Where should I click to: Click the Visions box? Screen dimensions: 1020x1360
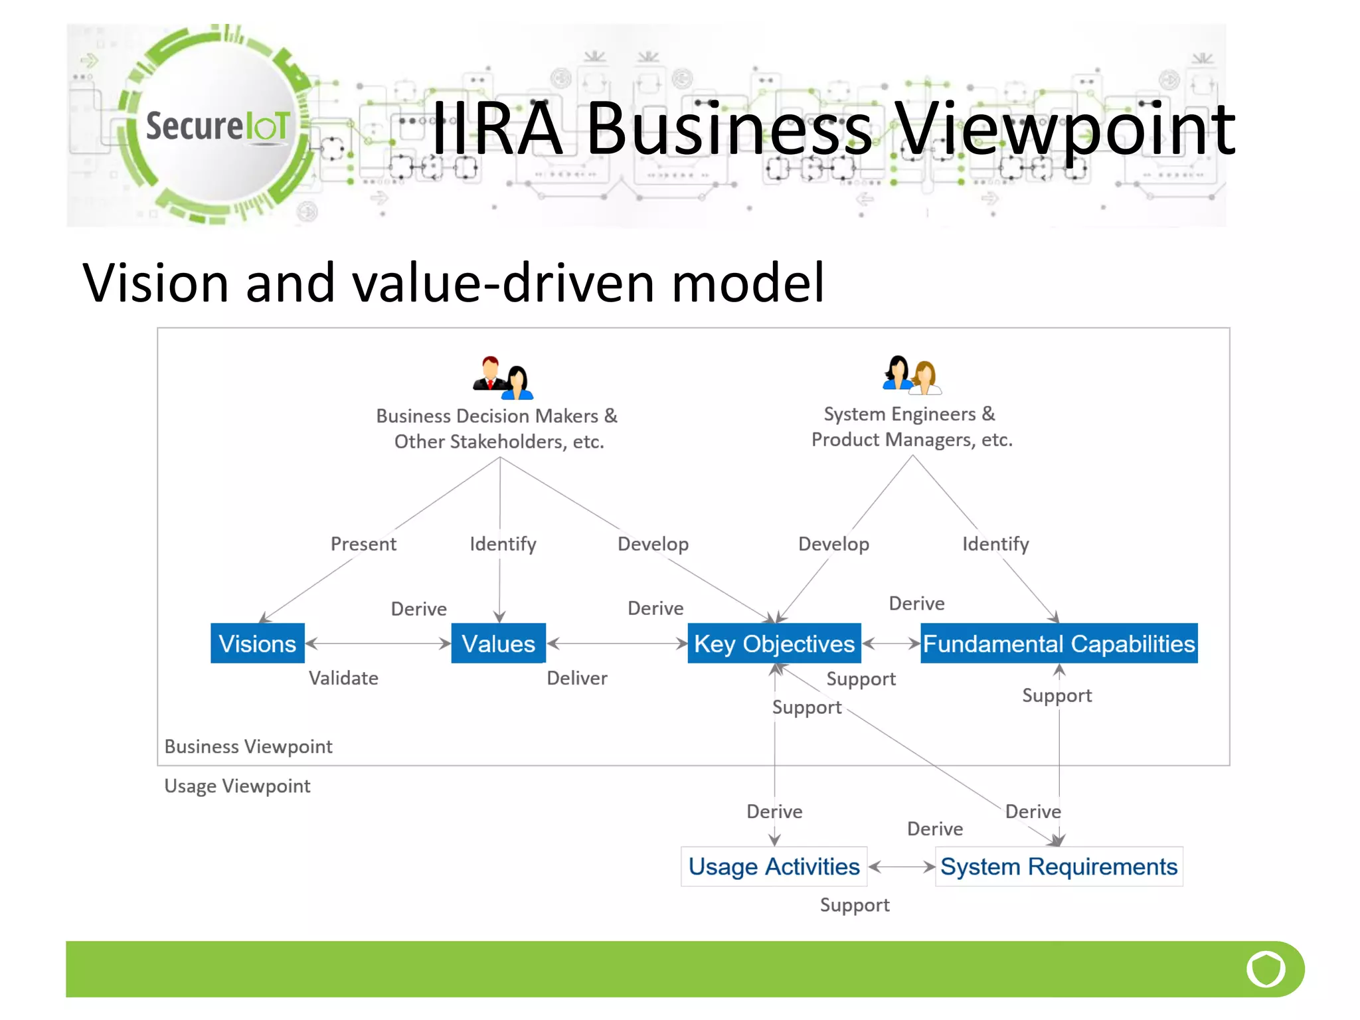click(258, 643)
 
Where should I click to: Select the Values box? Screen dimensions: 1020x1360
click(498, 643)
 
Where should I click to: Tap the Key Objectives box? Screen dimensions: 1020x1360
click(774, 643)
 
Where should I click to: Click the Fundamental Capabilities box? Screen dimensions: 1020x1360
click(1059, 643)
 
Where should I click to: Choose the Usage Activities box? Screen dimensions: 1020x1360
click(774, 867)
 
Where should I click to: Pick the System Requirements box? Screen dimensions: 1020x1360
click(1059, 867)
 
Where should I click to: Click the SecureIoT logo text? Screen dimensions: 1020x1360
click(217, 126)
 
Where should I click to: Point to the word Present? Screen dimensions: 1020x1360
click(363, 544)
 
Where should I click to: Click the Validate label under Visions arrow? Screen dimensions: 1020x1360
click(343, 678)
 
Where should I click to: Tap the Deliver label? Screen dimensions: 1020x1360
click(576, 678)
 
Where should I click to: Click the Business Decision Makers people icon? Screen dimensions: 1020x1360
click(503, 378)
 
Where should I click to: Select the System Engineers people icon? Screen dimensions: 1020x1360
click(911, 375)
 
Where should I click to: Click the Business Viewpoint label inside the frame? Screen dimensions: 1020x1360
click(248, 746)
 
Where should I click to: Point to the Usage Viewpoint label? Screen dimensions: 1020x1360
click(237, 786)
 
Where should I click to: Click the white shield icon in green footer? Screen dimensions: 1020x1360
click(1266, 969)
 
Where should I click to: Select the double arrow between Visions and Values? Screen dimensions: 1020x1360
click(378, 643)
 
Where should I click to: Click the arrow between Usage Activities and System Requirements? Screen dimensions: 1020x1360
click(901, 867)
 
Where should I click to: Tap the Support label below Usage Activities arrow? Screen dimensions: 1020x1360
click(855, 905)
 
